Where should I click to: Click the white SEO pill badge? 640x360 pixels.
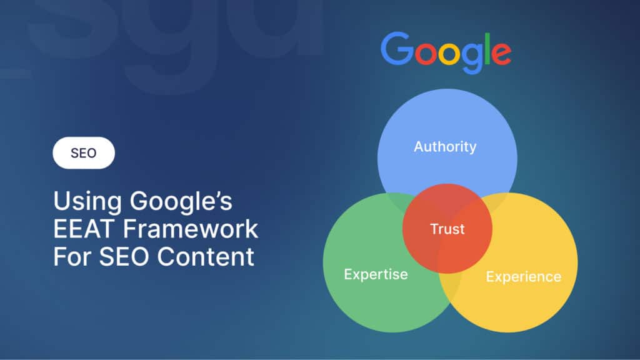84,153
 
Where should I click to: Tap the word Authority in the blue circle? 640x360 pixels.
445,147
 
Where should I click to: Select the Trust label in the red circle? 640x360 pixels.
447,229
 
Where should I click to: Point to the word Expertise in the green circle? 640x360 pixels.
376,274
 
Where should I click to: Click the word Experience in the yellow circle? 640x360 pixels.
523,276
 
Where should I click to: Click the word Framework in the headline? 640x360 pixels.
190,229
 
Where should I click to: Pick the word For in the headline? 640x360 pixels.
70,256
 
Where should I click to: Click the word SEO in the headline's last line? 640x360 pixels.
123,256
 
